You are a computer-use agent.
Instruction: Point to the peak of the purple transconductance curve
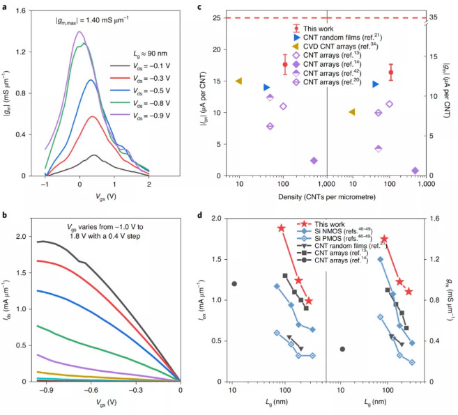(x=79, y=32)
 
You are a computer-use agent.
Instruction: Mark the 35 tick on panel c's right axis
(x=437, y=17)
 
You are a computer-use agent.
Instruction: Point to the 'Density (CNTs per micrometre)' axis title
(x=327, y=197)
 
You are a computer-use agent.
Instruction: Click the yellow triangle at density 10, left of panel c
(x=239, y=81)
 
